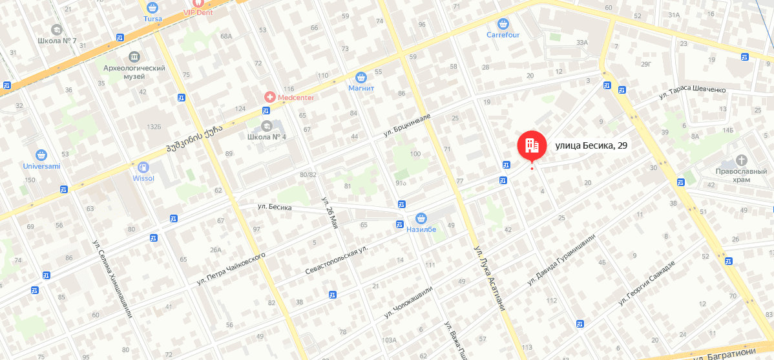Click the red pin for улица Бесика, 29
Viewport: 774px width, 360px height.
tap(532, 145)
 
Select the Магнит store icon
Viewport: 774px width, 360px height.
tap(361, 77)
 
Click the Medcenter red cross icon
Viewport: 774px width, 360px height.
tap(269, 97)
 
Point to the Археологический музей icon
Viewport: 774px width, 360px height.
tap(134, 57)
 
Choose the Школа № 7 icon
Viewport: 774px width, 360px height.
tap(57, 30)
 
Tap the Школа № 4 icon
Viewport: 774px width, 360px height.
tap(266, 125)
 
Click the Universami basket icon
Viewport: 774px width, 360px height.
tap(41, 155)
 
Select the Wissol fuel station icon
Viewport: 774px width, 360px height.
tap(143, 167)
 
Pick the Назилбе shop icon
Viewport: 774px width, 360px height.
tap(421, 218)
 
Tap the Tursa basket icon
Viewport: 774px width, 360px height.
tap(152, 8)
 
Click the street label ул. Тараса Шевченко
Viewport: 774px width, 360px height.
tap(692, 92)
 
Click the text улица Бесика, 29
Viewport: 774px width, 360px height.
tap(591, 145)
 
